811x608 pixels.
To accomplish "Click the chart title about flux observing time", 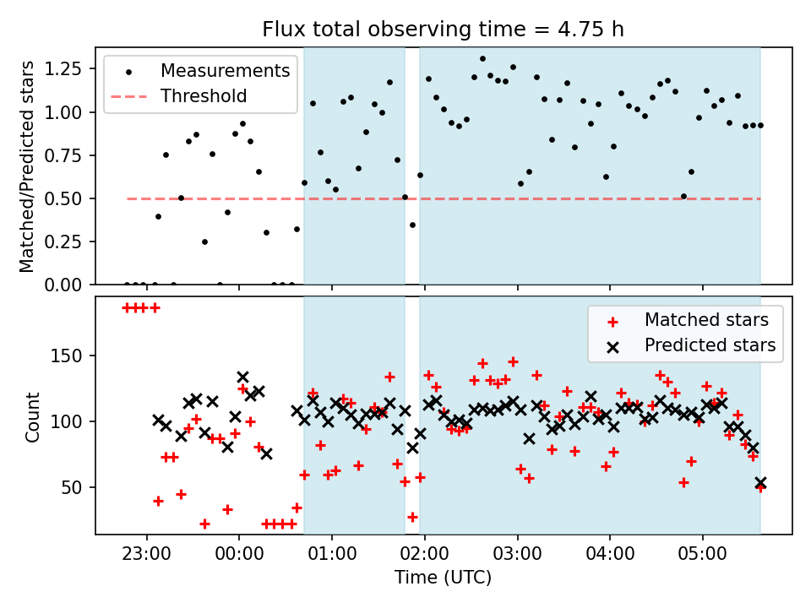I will pyautogui.click(x=444, y=30).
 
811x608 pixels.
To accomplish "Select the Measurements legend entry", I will pyautogui.click(x=225, y=70).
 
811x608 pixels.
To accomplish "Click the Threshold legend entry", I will pyautogui.click(x=204, y=95).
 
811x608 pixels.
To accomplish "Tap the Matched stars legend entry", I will pyautogui.click(x=706, y=320).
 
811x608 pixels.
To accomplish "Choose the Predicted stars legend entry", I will pyautogui.click(x=710, y=345).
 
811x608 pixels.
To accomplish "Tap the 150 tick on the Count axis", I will pyautogui.click(x=71, y=356).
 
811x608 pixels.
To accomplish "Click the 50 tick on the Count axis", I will pyautogui.click(x=75, y=487).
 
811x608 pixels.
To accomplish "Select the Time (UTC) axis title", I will pyautogui.click(x=443, y=578).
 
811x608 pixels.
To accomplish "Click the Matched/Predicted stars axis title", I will pyautogui.click(x=27, y=166).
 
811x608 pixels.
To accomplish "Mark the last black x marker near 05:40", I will pyautogui.click(x=760, y=483).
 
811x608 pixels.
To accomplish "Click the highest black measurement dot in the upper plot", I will pyautogui.click(x=482, y=59).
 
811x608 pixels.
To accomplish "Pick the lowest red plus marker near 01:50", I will pyautogui.click(x=412, y=517).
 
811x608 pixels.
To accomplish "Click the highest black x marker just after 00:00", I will pyautogui.click(x=243, y=377).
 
